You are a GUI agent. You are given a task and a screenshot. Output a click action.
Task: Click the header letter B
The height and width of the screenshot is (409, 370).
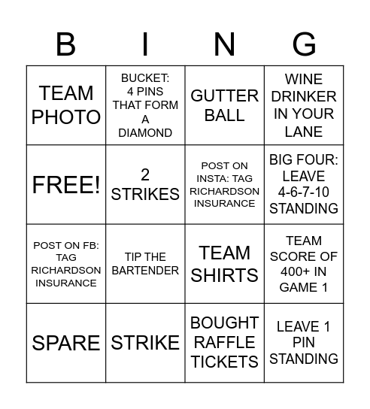66,45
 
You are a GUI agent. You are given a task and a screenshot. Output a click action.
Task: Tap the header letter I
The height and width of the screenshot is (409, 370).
145,45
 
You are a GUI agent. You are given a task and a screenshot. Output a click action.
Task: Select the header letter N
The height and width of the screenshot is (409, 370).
224,45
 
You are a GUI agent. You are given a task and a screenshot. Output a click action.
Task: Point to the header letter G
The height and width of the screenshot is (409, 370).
304,45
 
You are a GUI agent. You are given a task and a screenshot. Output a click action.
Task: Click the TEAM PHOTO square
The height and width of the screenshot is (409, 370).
66,105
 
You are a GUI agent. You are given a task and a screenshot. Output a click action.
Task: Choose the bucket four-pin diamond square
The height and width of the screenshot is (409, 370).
145,105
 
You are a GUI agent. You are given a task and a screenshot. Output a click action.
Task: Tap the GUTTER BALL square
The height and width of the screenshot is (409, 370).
224,105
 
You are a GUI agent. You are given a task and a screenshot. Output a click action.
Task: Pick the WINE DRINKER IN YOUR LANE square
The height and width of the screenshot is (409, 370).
304,105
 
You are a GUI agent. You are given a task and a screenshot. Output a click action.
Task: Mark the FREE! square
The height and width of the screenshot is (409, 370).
66,185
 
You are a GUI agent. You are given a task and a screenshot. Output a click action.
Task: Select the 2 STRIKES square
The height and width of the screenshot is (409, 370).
145,185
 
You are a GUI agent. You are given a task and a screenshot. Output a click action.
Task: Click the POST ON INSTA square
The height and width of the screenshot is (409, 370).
224,185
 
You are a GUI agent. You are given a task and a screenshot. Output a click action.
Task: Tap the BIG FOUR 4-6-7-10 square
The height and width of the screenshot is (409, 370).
304,185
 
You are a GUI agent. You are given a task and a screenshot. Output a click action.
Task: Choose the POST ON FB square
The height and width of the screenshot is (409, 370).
66,264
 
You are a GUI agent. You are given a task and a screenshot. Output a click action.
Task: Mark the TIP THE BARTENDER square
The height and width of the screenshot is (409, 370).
145,264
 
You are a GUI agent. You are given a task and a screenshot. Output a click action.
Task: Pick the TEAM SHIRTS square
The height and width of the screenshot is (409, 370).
224,264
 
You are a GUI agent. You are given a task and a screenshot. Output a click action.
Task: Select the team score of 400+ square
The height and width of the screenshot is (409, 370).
304,264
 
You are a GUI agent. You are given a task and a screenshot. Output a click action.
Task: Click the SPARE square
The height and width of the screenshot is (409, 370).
66,343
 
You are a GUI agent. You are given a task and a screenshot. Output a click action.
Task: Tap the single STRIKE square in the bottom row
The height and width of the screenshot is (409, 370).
145,343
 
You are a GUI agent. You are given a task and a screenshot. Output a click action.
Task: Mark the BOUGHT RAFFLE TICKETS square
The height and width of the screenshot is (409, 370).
224,343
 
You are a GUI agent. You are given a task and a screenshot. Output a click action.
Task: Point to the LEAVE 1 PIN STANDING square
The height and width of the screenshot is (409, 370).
304,343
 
